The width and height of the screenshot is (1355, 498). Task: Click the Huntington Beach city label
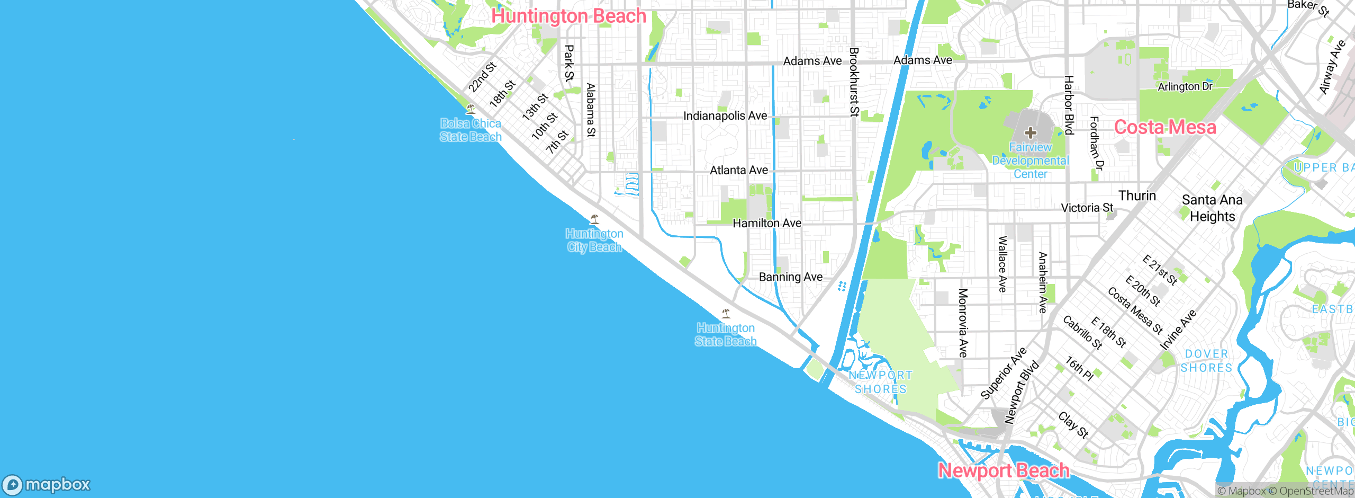[x=568, y=16]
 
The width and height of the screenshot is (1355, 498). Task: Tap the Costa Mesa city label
[x=1165, y=127]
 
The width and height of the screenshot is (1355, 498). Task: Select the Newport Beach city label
[x=1004, y=470]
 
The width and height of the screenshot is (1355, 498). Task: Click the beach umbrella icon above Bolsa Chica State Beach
[x=470, y=109]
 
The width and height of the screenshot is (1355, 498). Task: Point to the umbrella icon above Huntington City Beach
[x=594, y=219]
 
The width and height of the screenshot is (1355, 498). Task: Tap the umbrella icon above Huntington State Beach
[x=726, y=314]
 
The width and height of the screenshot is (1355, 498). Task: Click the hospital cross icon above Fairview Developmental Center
[x=1030, y=132]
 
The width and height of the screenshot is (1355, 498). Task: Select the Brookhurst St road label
[x=854, y=82]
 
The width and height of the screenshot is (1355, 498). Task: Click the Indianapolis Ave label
[x=725, y=116]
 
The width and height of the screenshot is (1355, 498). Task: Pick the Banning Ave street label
[x=791, y=277]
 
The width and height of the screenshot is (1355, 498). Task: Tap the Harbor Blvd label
[x=1069, y=105]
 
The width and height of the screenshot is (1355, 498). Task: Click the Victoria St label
[x=1087, y=208]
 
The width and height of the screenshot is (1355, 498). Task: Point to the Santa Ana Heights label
[x=1212, y=208]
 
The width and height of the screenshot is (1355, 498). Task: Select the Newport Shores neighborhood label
[x=881, y=382]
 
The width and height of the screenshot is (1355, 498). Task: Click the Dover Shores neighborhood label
[x=1206, y=361]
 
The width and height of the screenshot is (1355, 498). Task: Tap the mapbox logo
[x=47, y=485]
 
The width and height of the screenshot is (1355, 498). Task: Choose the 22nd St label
[x=482, y=77]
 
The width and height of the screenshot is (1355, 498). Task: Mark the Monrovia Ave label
[x=963, y=323]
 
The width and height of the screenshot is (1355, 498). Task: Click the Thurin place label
[x=1137, y=196]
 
